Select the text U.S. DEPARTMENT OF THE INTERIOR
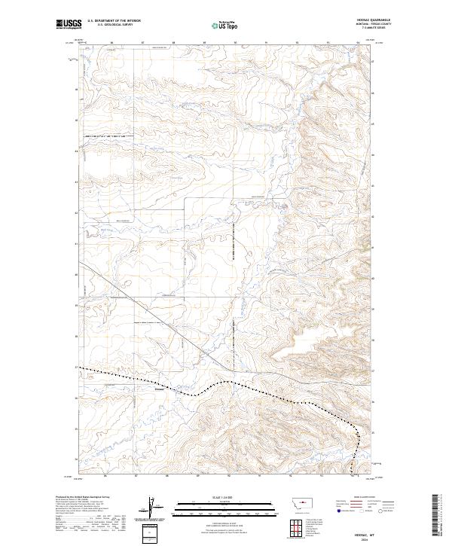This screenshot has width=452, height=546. point(113,21)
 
